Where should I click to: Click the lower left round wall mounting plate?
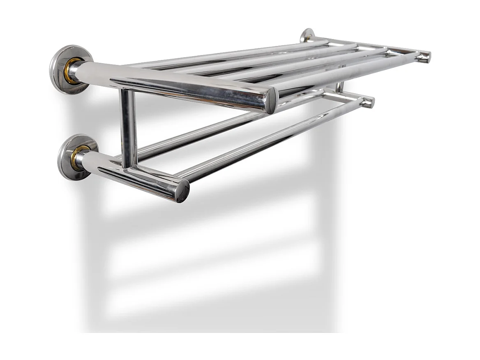[x=68, y=158]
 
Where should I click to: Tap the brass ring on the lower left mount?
[x=80, y=157]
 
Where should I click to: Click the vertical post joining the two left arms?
[x=128, y=127]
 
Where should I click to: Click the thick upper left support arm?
[x=173, y=84]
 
